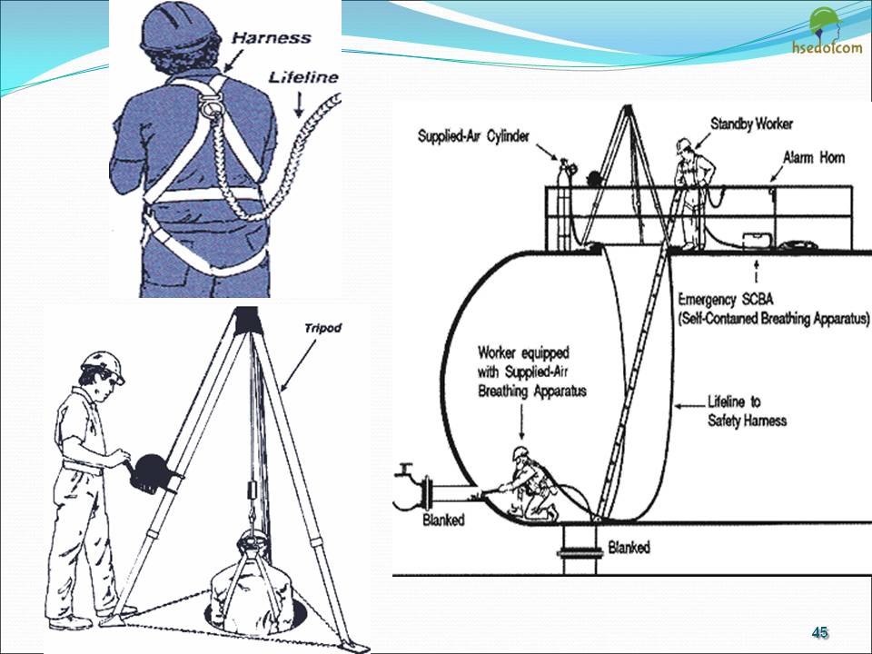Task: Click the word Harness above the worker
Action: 271,38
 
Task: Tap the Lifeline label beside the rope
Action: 303,76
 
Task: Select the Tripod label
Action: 322,328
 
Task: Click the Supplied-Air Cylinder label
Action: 473,136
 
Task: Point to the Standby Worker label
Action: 751,124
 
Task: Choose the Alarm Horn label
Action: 814,157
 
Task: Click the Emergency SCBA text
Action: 726,299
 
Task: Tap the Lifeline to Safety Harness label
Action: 747,411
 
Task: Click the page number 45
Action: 819,632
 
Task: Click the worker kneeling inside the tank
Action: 529,484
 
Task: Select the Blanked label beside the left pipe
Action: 443,520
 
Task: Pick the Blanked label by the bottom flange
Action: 629,547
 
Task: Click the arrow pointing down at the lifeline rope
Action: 299,104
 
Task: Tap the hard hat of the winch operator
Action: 104,365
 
